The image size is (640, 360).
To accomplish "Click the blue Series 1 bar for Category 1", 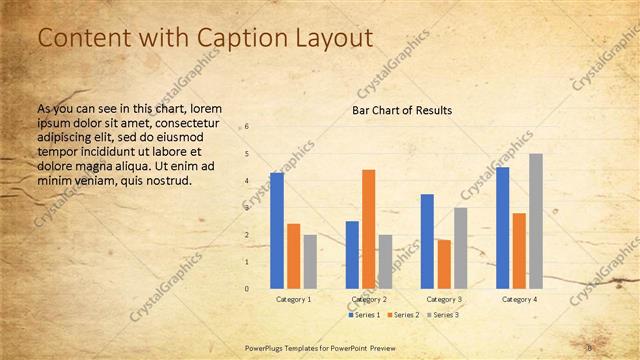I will pyautogui.click(x=276, y=230).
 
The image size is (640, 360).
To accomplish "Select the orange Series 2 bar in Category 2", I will pyautogui.click(x=369, y=229).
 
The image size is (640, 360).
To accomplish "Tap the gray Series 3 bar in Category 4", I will pyautogui.click(x=536, y=220).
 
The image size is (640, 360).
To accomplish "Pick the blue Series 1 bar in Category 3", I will pyautogui.click(x=427, y=241).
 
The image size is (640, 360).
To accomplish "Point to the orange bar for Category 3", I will pyautogui.click(x=444, y=264).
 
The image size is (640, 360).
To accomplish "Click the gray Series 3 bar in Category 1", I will pyautogui.click(x=310, y=261).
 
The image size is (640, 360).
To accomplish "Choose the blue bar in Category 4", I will pyautogui.click(x=502, y=227).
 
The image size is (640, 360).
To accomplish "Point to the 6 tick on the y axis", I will pyautogui.click(x=247, y=127).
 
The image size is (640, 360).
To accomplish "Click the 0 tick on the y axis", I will pyautogui.click(x=247, y=289).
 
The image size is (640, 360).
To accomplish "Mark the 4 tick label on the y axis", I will pyautogui.click(x=247, y=181).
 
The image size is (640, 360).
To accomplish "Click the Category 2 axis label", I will pyautogui.click(x=369, y=299).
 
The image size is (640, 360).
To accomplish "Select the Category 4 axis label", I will pyautogui.click(x=519, y=299).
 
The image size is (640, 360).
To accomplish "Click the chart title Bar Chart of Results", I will pyautogui.click(x=402, y=110).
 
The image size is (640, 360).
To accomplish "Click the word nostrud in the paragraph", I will pyautogui.click(x=166, y=181).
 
